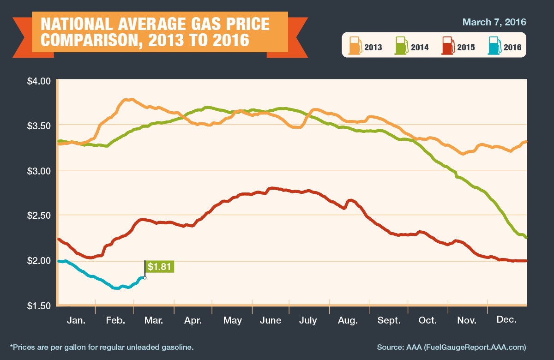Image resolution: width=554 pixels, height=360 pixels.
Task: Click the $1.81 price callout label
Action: (x=160, y=266)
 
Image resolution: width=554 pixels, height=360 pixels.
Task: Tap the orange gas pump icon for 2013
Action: (x=355, y=46)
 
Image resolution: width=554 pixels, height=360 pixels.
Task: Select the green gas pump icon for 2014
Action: (x=402, y=46)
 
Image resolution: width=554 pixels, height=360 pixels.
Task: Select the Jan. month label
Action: (x=76, y=320)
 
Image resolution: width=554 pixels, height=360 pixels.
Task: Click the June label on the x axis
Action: (x=270, y=320)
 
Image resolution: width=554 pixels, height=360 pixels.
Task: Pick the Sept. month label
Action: (x=389, y=320)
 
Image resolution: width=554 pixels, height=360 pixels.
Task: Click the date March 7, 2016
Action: (x=494, y=22)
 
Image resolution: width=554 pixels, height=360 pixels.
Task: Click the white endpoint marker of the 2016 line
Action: (x=145, y=277)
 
